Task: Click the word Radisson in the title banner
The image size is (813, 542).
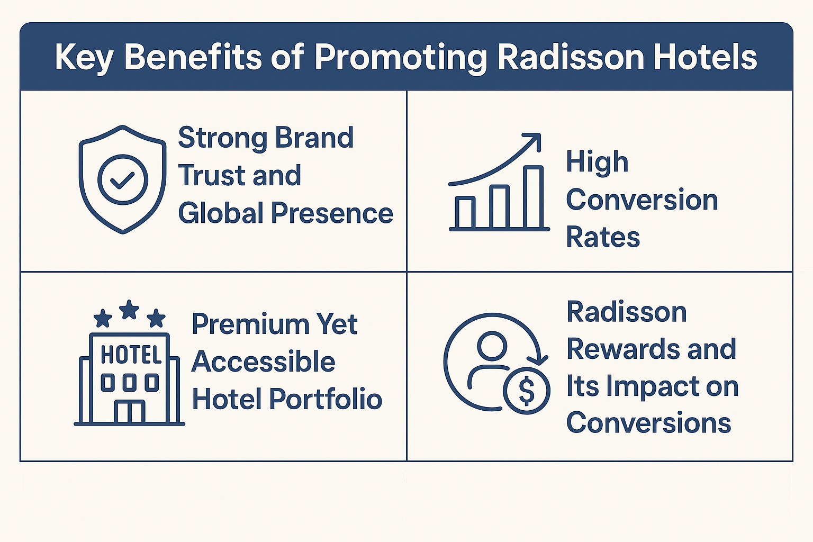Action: (571, 57)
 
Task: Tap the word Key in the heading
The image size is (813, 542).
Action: (84, 57)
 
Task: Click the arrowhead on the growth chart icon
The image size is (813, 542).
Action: (532, 141)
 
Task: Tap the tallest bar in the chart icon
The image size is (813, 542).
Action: (533, 197)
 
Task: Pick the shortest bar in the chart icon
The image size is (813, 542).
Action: (465, 212)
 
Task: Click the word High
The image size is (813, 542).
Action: (597, 162)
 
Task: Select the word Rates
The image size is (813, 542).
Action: (603, 237)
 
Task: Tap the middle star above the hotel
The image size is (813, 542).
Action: (129, 310)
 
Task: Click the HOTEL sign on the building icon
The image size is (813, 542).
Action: (131, 355)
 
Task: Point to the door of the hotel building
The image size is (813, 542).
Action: (130, 412)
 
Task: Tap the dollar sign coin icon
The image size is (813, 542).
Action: (527, 391)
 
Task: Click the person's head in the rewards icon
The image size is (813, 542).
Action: (492, 347)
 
